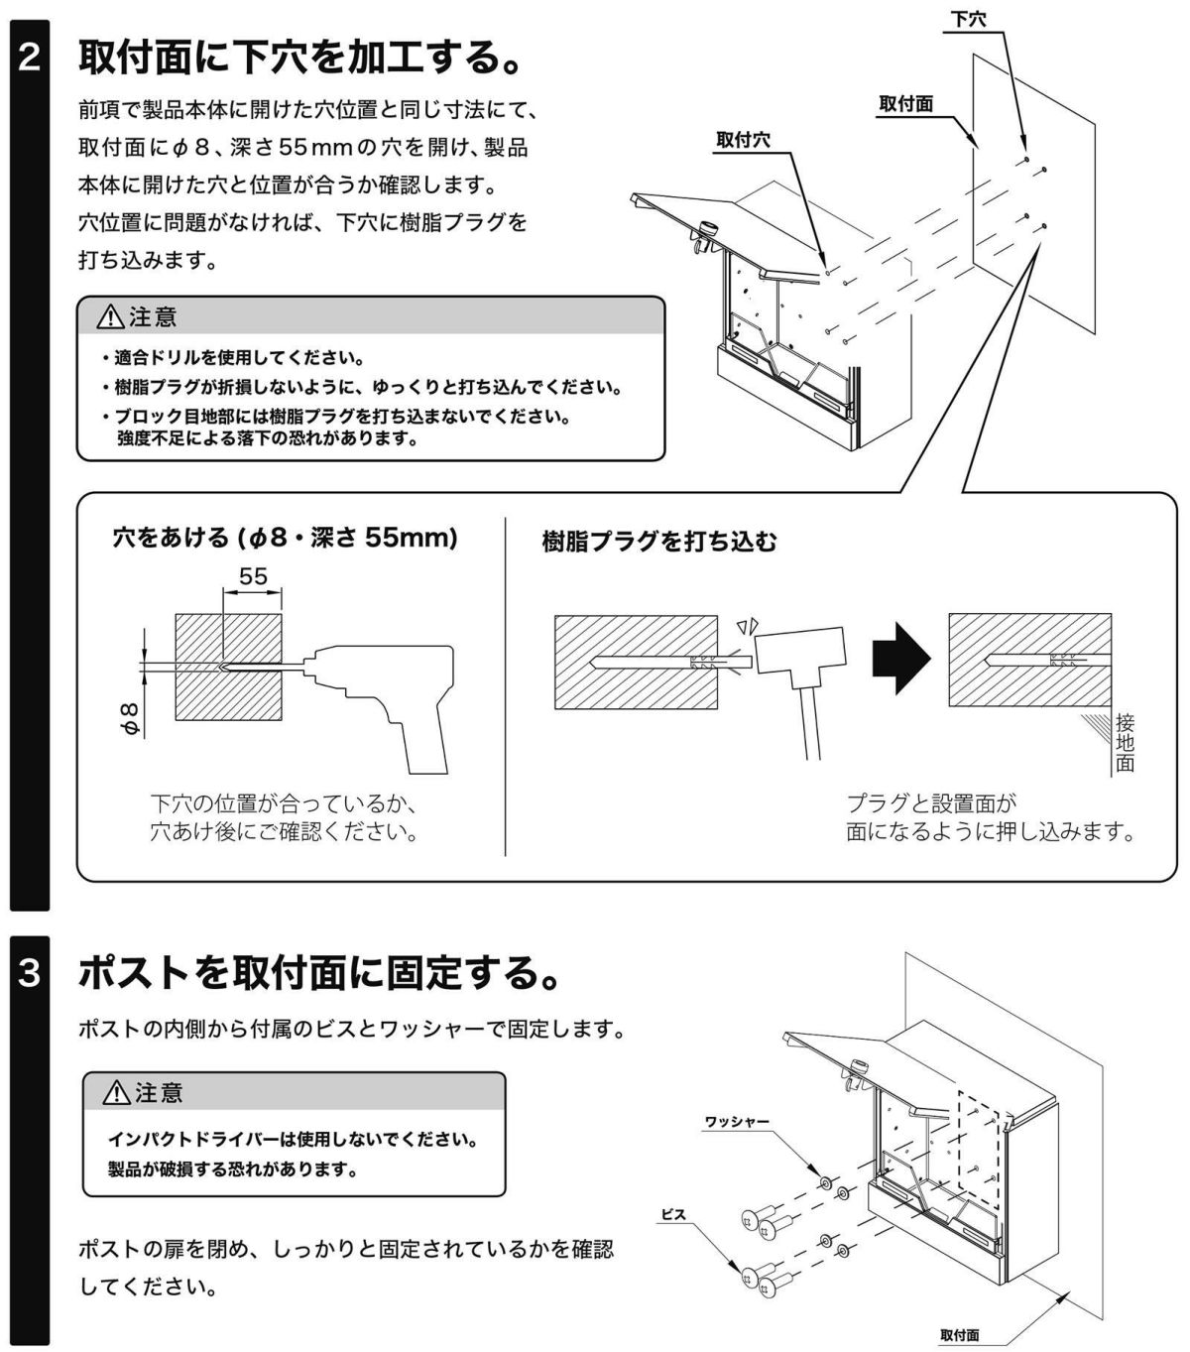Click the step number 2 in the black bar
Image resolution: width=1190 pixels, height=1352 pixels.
click(30, 58)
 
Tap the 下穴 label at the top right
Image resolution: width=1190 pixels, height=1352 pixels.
click(968, 19)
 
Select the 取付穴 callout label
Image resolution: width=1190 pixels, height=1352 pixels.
click(743, 141)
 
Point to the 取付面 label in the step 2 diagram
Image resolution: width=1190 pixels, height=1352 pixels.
click(905, 103)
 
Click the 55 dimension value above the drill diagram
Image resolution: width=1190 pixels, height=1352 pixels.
click(253, 575)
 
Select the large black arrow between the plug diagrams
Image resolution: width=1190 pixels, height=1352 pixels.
click(900, 658)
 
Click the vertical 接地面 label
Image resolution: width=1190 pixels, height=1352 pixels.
click(1125, 742)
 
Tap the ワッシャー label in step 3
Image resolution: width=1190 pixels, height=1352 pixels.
click(737, 1121)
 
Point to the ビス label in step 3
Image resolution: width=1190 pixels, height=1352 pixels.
click(673, 1214)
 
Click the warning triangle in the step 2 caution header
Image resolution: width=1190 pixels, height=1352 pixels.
click(110, 317)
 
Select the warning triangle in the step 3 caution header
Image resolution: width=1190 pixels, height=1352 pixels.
click(117, 1093)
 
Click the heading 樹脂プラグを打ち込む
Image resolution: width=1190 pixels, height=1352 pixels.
click(659, 541)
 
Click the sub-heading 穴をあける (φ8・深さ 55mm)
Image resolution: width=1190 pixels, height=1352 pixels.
click(286, 538)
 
